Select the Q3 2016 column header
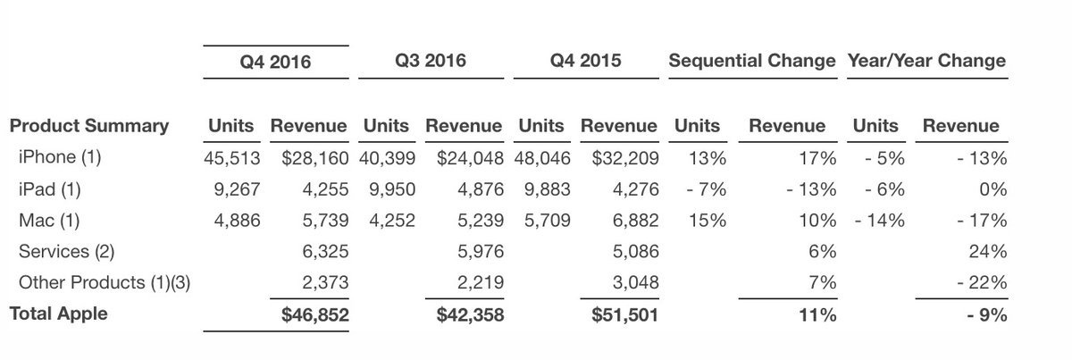tap(431, 61)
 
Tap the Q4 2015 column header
tap(587, 61)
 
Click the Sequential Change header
tap(752, 61)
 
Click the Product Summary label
tap(89, 126)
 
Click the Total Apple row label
tap(59, 314)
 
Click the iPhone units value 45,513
tap(231, 158)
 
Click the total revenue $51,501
tap(625, 314)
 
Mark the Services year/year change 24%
tap(991, 252)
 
